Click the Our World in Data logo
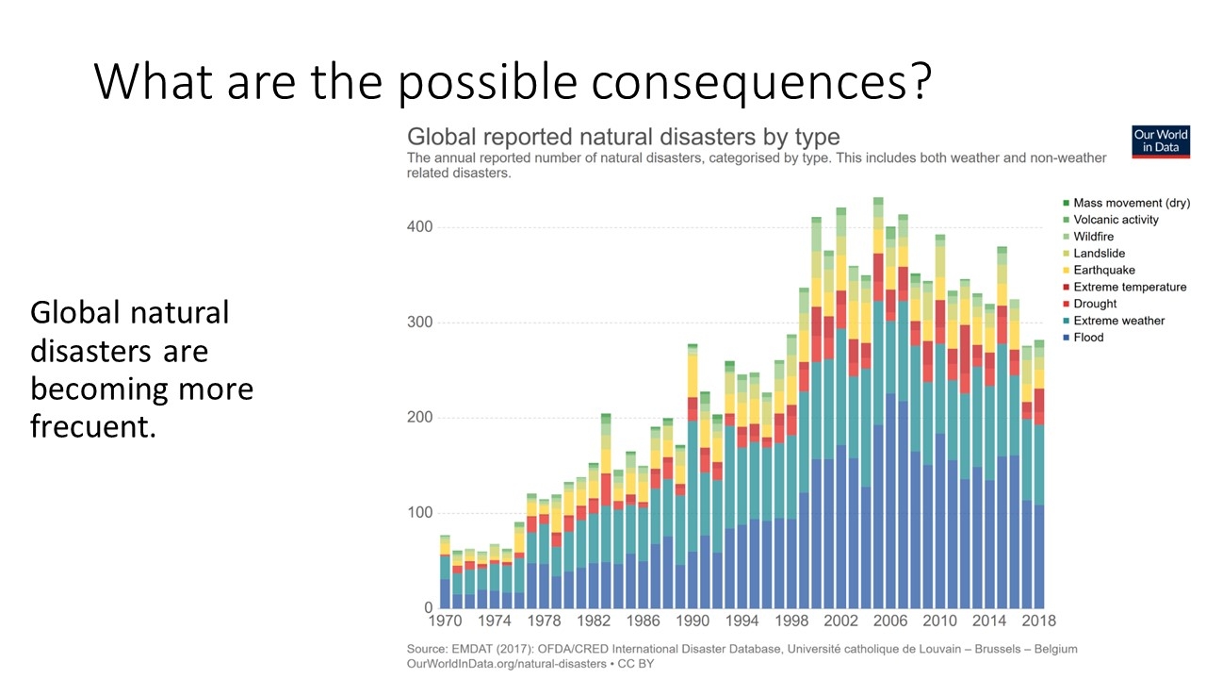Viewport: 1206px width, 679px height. (x=1161, y=141)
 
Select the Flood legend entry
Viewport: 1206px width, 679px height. (x=1087, y=338)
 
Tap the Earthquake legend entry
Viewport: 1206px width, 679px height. (x=1103, y=271)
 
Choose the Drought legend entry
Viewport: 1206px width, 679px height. (x=1095, y=304)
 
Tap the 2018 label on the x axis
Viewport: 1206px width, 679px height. (x=1038, y=621)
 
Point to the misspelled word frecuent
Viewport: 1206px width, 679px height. (x=90, y=426)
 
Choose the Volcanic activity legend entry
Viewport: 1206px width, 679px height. (x=1116, y=220)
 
